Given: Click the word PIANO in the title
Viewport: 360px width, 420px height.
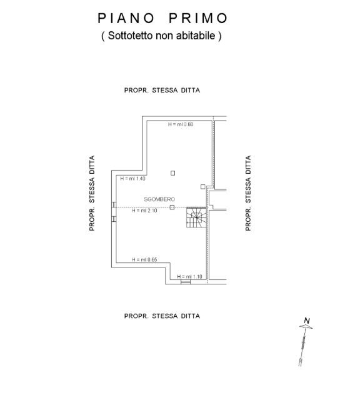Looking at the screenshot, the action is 126,18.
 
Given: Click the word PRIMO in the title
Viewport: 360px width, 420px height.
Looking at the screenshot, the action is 198,18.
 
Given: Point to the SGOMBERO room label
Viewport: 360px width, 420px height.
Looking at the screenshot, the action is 159,199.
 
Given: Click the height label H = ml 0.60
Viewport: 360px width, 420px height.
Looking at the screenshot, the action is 181,124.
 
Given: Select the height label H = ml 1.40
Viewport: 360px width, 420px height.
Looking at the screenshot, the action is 133,178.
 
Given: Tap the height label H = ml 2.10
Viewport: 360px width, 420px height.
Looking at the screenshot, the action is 144,211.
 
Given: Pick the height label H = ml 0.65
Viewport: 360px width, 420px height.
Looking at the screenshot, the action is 144,259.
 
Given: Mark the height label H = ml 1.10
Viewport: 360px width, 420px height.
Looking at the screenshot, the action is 189,277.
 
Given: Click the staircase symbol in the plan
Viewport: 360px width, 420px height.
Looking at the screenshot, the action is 197,217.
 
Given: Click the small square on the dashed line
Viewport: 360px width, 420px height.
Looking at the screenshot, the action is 172,207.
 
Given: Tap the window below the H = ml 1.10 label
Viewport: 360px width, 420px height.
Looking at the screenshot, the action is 186,282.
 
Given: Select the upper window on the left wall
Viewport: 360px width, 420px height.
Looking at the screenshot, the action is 114,204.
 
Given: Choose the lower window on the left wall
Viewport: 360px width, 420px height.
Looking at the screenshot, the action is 114,219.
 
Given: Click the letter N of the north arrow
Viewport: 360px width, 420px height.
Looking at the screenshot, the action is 307,321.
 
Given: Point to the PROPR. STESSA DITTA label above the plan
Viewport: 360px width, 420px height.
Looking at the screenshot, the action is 162,90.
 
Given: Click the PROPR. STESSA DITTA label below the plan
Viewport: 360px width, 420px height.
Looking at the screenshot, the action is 162,316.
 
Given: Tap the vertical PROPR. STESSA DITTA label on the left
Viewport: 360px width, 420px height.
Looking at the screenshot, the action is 92,193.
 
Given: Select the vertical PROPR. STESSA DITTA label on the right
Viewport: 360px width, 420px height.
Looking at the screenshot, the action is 248,193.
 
